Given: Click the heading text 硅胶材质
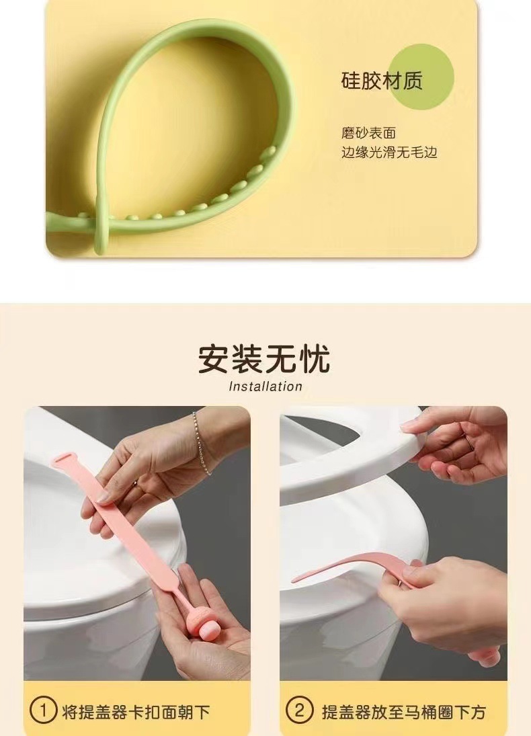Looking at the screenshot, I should click(x=381, y=81).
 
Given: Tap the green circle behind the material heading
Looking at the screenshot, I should click(x=421, y=77).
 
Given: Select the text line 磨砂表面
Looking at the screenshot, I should click(x=368, y=133).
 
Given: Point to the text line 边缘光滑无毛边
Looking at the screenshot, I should click(x=389, y=153).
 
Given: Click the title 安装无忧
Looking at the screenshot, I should click(x=265, y=359).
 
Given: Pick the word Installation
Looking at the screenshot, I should click(x=265, y=386).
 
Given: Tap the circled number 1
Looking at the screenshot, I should click(x=44, y=711).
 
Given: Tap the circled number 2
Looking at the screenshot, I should click(x=300, y=711).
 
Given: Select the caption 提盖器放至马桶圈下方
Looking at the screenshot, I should click(x=403, y=712).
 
